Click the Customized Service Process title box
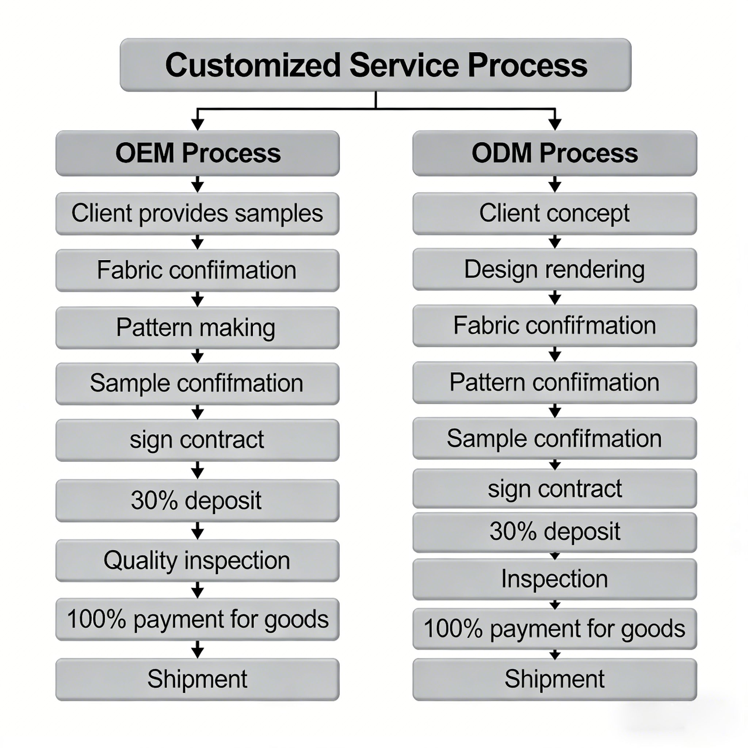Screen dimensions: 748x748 (x=375, y=65)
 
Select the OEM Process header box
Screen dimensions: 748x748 (x=198, y=153)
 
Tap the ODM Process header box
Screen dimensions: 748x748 (x=554, y=153)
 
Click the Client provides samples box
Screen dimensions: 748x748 (x=198, y=214)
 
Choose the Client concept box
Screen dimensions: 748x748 (x=554, y=214)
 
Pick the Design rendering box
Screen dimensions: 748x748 (x=554, y=270)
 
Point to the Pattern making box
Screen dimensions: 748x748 (x=198, y=328)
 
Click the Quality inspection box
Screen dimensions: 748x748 (x=198, y=561)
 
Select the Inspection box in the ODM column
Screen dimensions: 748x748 (x=554, y=579)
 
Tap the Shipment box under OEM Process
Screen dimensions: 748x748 (x=198, y=679)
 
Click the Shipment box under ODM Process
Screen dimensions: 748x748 (x=554, y=679)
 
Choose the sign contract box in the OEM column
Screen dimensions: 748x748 (x=198, y=440)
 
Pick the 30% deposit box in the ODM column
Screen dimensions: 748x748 (x=554, y=532)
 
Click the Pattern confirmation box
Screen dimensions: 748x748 (x=554, y=382)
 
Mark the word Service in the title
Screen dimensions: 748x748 (x=405, y=65)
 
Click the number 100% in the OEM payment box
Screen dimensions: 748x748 (x=97, y=619)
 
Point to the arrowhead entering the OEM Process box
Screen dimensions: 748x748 (x=198, y=124)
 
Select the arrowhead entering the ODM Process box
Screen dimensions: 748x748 (x=555, y=124)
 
